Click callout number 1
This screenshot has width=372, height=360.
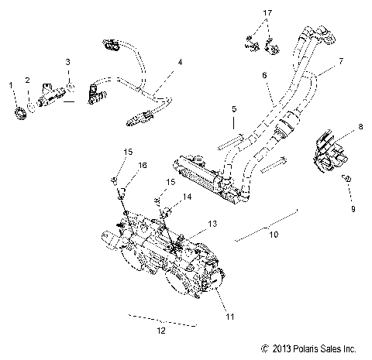11,83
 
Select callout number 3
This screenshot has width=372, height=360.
67,60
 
